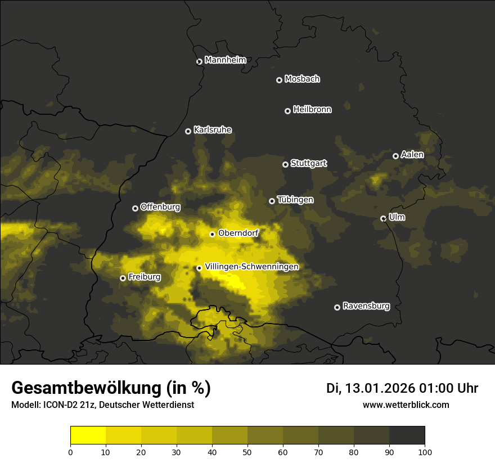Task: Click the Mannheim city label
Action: click(x=225, y=60)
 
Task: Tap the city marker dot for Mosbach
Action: click(x=279, y=80)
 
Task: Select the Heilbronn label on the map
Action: click(x=312, y=110)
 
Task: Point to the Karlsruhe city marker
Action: click(x=188, y=131)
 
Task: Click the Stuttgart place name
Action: click(x=308, y=164)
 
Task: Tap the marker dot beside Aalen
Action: click(x=395, y=156)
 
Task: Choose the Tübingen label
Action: click(x=295, y=200)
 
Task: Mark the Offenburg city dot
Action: click(x=135, y=208)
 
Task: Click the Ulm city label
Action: click(x=397, y=217)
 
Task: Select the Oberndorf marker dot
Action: click(x=212, y=234)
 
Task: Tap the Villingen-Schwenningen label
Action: click(x=251, y=267)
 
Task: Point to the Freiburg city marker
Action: click(x=123, y=278)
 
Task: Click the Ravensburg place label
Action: click(x=366, y=306)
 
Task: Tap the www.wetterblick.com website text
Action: click(x=406, y=405)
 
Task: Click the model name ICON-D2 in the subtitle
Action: click(x=58, y=405)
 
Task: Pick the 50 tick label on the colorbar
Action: click(x=247, y=452)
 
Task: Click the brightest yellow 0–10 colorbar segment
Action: click(x=88, y=435)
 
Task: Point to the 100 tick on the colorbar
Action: click(x=425, y=452)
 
